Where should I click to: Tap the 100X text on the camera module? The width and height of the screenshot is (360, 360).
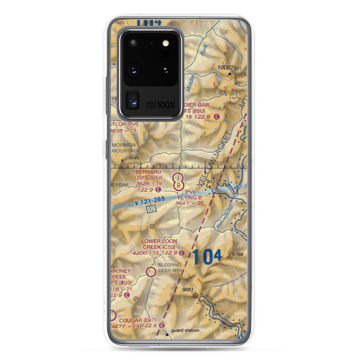167,105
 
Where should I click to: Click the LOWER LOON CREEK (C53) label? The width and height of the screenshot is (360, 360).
159,244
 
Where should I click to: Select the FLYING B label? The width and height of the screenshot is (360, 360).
190,197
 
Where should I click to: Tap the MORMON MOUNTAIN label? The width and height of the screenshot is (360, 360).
124,148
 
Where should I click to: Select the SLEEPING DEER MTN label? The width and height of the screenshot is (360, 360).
170,268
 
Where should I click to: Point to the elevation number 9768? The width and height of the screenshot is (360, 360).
237,255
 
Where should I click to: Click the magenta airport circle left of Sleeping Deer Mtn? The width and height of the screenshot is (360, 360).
151,272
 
